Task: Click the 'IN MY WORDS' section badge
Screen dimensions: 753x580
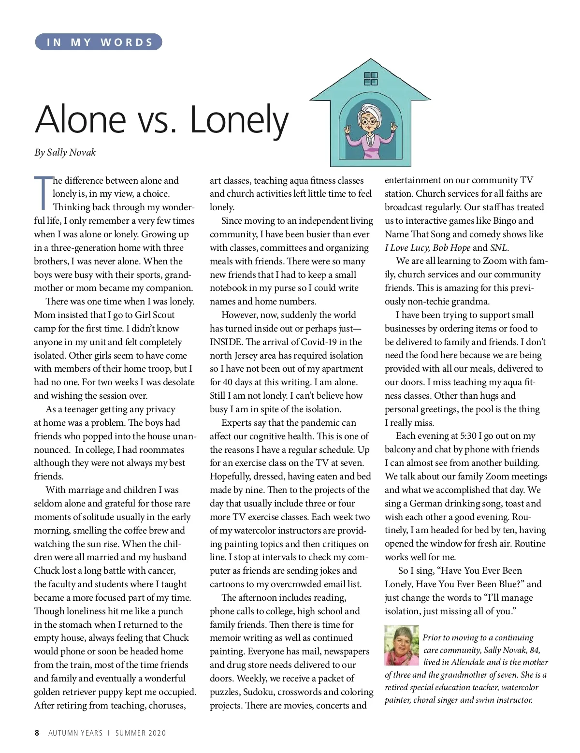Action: (99, 43)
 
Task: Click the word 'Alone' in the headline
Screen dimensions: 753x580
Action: (81, 119)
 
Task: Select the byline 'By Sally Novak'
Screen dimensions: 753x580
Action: (65, 153)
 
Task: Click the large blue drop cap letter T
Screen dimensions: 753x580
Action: (43, 193)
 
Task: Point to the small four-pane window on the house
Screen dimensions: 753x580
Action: (371, 78)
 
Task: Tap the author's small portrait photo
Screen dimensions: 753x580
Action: (402, 645)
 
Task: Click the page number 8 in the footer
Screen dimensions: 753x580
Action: (37, 733)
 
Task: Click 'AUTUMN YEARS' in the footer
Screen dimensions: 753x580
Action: (75, 733)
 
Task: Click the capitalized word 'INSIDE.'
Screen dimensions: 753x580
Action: (226, 342)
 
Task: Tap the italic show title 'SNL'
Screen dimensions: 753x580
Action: (499, 248)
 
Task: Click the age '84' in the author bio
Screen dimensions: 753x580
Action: (534, 650)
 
